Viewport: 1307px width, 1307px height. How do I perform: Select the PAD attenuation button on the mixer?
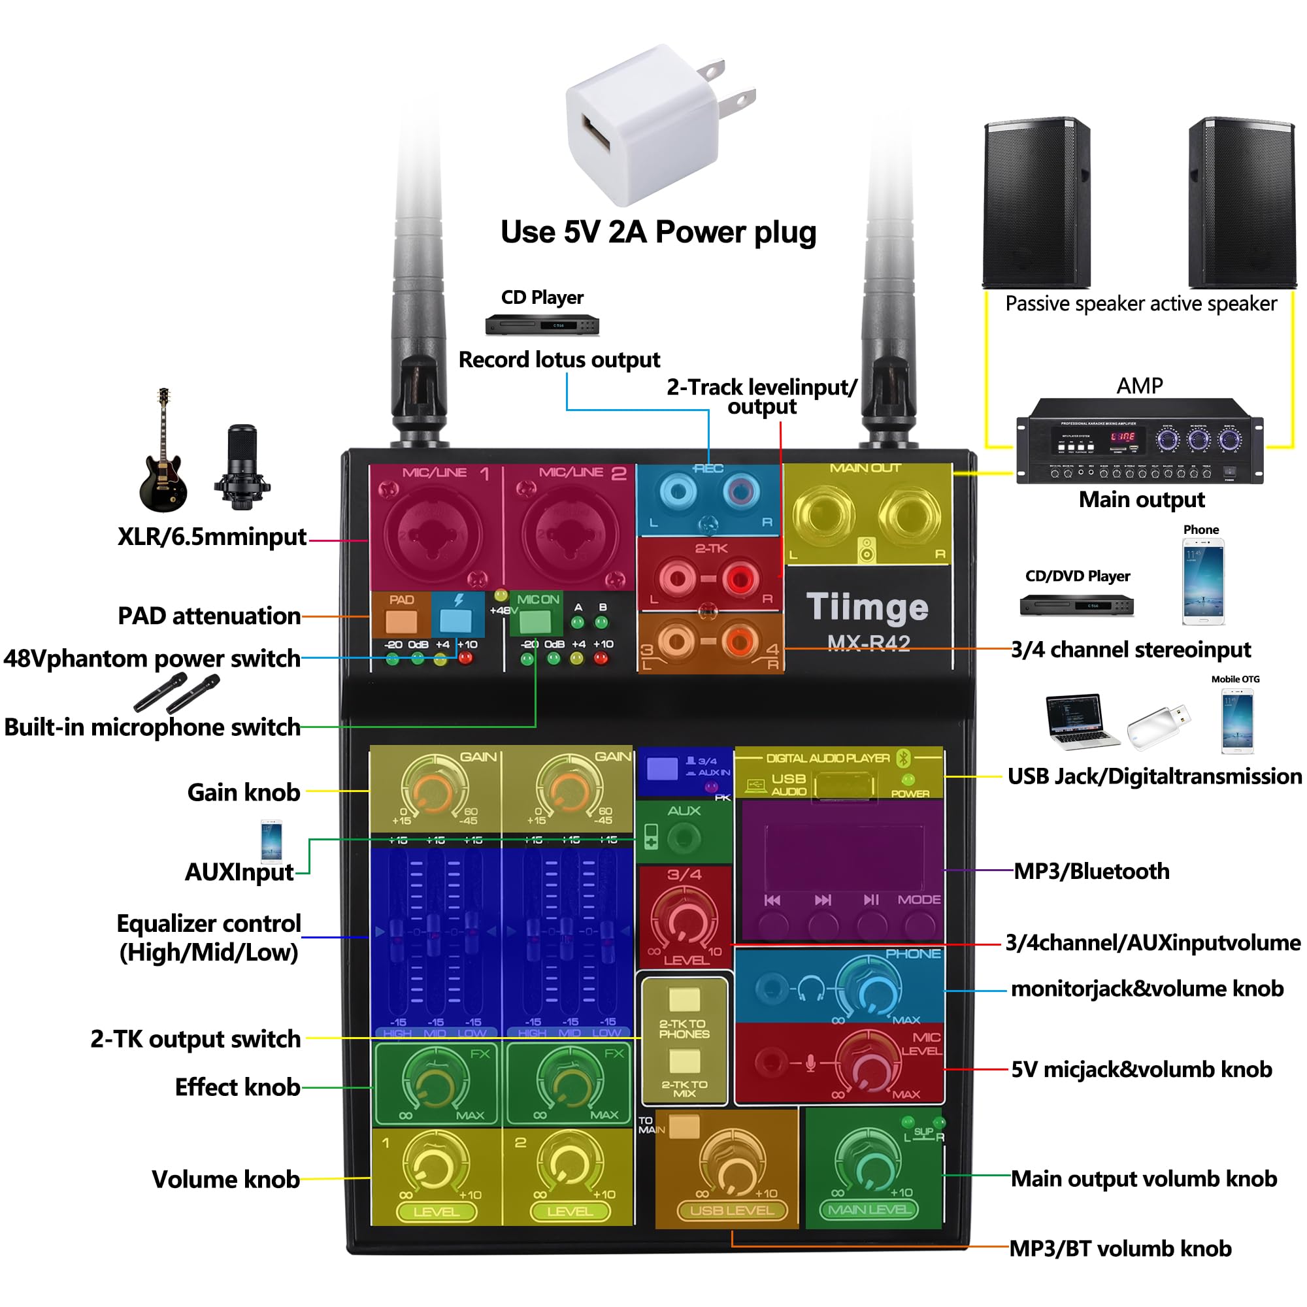(401, 620)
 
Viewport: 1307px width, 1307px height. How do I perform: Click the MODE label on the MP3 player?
(919, 900)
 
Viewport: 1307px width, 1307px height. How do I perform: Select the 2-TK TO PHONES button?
(684, 999)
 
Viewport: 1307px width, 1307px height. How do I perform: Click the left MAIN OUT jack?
(823, 516)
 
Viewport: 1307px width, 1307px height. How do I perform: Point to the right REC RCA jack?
(740, 492)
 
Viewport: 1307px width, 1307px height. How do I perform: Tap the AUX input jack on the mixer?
(684, 839)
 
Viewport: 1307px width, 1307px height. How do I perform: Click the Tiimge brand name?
(867, 607)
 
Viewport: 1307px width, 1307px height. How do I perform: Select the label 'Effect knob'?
(237, 1087)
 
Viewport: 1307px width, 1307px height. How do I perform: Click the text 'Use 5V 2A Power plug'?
(658, 232)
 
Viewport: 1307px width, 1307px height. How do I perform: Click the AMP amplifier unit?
(1139, 440)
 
